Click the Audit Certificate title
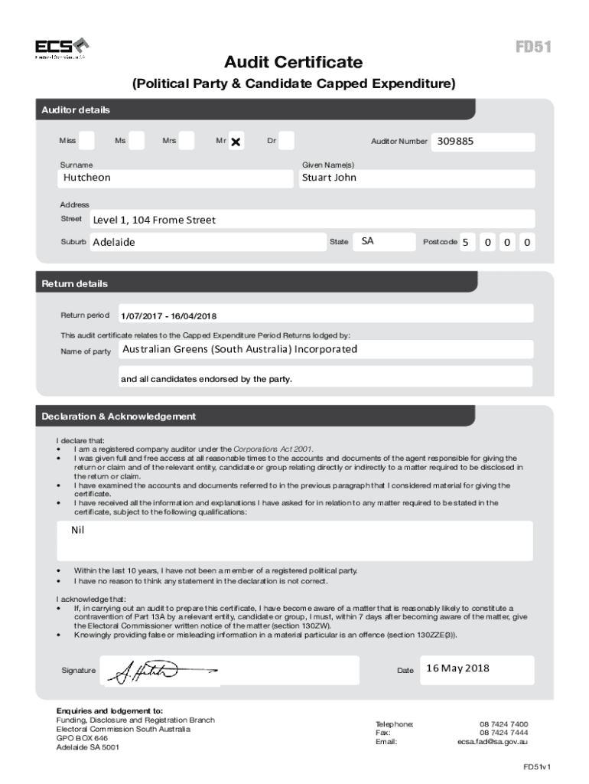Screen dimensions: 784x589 point(294,62)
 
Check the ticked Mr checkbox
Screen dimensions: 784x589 point(236,142)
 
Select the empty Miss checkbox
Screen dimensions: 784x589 point(86,141)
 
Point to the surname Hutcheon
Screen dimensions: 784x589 point(86,178)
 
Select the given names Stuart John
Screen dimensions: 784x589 point(329,178)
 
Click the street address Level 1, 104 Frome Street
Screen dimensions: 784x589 point(154,220)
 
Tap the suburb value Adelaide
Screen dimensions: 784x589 point(113,242)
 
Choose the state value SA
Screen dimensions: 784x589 point(368,241)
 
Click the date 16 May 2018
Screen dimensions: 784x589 point(457,668)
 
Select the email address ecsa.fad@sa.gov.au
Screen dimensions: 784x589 point(493,741)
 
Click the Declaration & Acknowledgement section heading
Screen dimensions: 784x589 point(119,416)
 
